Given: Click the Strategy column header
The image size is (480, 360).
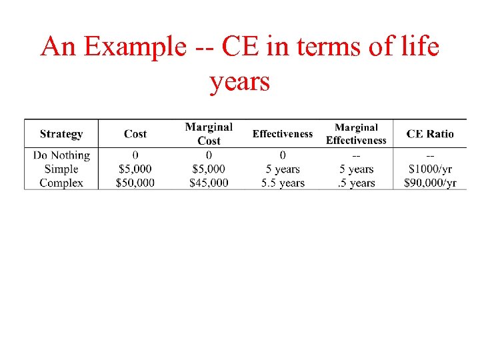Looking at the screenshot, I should coord(61,134).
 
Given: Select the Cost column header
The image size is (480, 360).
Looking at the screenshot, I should coord(135,134).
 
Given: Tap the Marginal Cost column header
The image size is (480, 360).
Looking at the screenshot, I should coord(209,133).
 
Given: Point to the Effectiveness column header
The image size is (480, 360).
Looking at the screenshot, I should coord(282,134).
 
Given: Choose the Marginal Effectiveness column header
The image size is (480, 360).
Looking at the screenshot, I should coord(356,133).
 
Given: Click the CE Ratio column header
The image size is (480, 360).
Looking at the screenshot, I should coord(430,134).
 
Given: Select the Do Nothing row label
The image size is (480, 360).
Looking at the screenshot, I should coord(61,155).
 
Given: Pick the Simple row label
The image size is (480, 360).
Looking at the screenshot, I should coord(61,169).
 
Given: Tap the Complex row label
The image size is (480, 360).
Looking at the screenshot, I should coord(61,183).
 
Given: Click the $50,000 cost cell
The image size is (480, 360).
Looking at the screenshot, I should coord(135,183).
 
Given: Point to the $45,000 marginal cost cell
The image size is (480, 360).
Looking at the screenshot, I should coord(209,183).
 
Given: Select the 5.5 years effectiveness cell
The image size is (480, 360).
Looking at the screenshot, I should coord(283,183).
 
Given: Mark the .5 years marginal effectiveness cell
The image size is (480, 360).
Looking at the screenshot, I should coord(356,183).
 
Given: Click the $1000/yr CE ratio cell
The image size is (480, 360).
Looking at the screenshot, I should coord(430,169).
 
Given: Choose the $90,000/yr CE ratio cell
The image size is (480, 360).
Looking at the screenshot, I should coord(430,183).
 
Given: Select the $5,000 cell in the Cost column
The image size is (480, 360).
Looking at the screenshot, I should coord(135,169).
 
